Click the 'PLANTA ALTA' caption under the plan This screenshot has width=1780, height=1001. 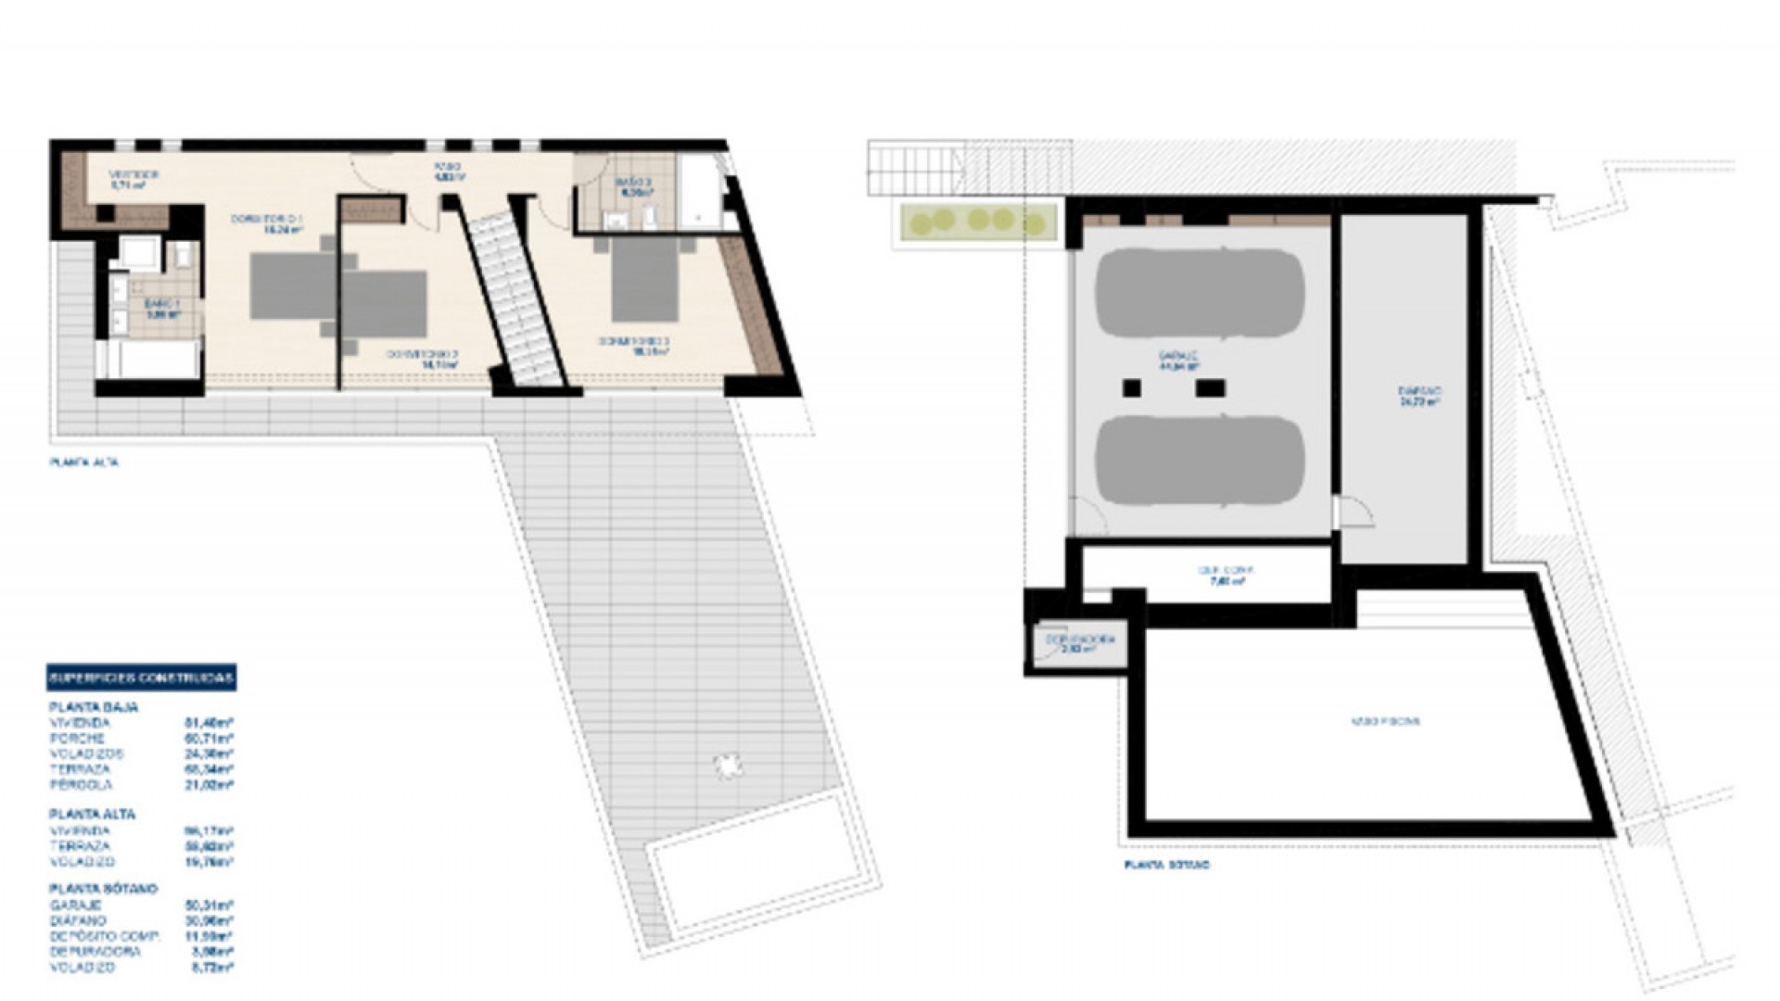click(84, 462)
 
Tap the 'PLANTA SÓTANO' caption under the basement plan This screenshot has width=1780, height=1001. click(1166, 865)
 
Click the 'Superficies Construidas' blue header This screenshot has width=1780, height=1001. click(141, 678)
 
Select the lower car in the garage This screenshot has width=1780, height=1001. click(1200, 461)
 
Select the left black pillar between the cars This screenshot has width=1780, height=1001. click(1131, 388)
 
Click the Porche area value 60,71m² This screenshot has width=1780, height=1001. click(209, 739)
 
